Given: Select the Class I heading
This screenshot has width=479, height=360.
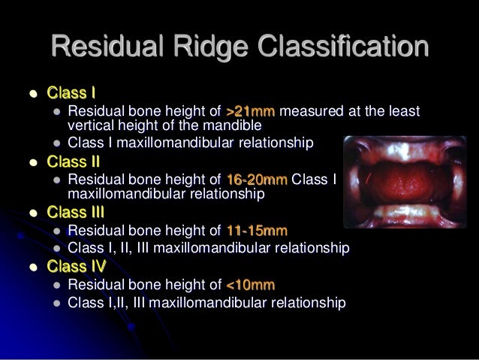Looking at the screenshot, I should click(x=71, y=94).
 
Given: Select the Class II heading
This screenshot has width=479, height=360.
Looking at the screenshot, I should click(x=73, y=161).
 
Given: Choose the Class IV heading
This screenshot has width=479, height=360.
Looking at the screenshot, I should click(x=76, y=266).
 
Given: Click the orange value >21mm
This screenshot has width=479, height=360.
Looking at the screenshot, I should click(x=251, y=112).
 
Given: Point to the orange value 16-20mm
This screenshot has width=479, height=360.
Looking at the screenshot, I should click(x=256, y=180).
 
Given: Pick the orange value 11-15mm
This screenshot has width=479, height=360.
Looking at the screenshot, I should click(x=256, y=230).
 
